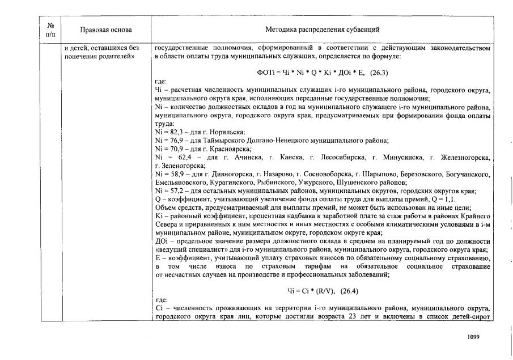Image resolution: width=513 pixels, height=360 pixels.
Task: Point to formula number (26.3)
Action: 379,73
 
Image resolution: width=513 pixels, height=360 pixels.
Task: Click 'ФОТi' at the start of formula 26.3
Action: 265,73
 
